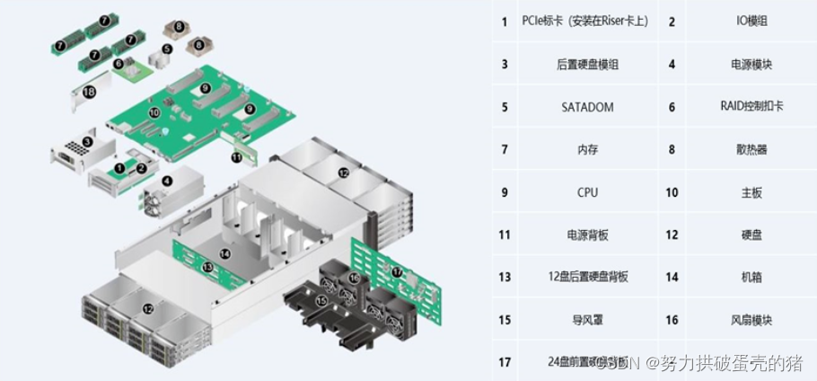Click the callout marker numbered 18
(89, 92)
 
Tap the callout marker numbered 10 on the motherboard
(154, 112)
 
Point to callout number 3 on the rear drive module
(87, 141)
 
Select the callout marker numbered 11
(237, 156)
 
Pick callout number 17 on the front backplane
(398, 270)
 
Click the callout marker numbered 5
(167, 49)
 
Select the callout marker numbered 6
(119, 64)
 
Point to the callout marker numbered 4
(167, 181)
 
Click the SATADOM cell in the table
(588, 107)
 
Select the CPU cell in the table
(588, 192)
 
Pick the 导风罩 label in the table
(588, 320)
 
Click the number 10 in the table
(672, 192)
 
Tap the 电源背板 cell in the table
(588, 235)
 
